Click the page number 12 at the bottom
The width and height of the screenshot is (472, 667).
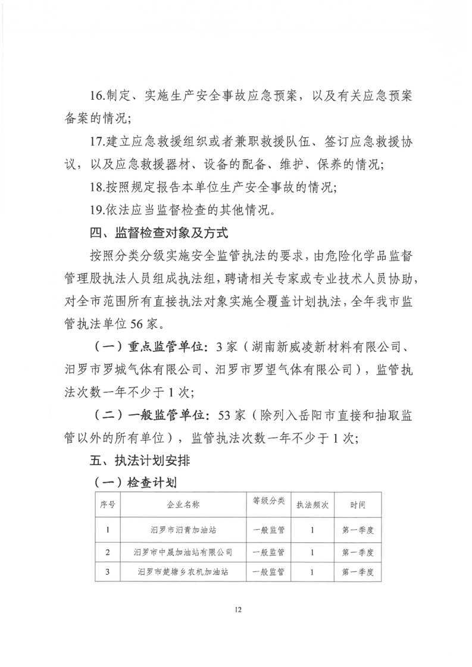238,610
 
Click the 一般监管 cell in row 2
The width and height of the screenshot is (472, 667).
268,552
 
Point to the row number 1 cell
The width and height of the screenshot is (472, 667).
108,529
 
